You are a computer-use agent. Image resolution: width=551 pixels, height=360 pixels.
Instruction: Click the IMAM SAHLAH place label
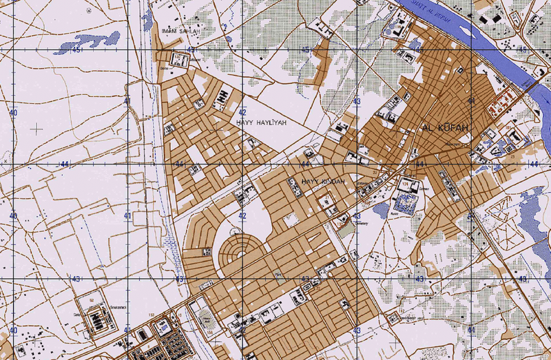180,31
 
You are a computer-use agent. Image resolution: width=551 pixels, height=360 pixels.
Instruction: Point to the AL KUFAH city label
444,128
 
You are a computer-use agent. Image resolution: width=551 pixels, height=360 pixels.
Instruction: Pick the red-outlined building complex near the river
501,104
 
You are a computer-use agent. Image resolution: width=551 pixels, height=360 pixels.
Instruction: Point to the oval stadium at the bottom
205,319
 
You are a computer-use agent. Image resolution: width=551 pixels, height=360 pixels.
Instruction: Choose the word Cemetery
361,223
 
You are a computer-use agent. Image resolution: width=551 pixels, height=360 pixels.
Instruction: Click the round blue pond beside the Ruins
381,209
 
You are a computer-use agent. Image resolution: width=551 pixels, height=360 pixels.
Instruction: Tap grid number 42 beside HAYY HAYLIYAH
242,112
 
